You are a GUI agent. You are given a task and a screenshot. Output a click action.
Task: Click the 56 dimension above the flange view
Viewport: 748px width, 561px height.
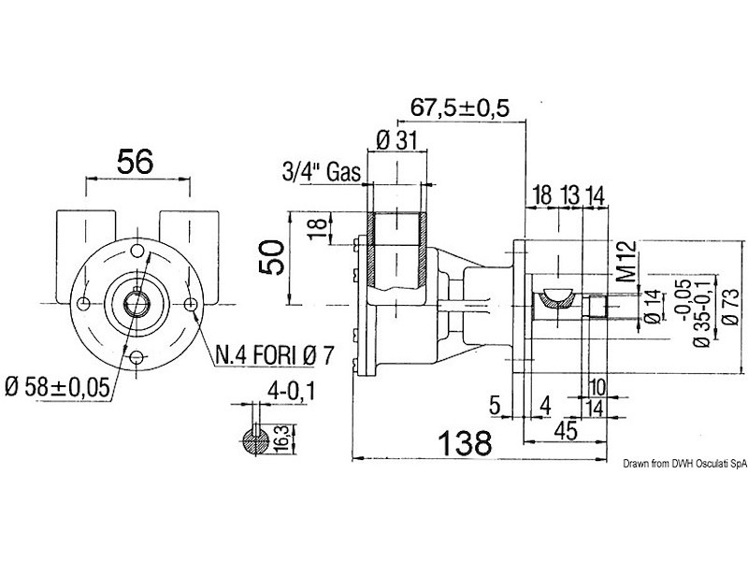tap(135, 161)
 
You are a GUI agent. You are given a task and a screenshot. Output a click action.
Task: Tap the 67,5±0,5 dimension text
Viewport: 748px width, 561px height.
tap(460, 108)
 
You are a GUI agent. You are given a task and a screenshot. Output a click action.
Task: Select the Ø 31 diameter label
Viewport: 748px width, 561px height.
tap(396, 140)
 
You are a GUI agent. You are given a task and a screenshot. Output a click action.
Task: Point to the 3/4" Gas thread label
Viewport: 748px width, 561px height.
tap(321, 172)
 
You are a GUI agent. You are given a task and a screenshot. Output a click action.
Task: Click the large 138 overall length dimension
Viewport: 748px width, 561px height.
tap(465, 443)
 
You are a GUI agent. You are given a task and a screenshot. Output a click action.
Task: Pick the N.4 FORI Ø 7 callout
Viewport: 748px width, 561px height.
tap(275, 355)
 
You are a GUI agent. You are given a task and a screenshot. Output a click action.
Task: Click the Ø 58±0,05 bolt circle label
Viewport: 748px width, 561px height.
tap(58, 387)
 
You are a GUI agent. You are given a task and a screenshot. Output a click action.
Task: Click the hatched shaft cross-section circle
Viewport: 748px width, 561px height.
tap(255, 441)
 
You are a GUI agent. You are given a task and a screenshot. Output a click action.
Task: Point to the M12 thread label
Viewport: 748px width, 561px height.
tap(628, 261)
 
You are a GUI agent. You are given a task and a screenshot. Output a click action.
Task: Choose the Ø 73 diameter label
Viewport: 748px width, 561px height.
tap(730, 308)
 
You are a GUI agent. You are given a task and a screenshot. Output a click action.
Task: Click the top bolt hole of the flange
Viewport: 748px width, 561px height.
tap(137, 251)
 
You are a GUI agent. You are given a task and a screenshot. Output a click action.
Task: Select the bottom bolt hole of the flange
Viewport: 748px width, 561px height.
tap(137, 356)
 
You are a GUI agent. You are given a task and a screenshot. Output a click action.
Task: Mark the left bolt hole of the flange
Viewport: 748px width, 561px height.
tap(84, 303)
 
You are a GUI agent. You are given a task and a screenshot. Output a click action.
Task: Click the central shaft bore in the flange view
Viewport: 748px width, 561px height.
tap(137, 303)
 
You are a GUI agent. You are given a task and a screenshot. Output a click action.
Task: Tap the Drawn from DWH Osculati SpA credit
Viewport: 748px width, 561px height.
tap(685, 463)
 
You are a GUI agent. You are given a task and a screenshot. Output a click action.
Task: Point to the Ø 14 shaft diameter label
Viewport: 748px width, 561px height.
tap(654, 308)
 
